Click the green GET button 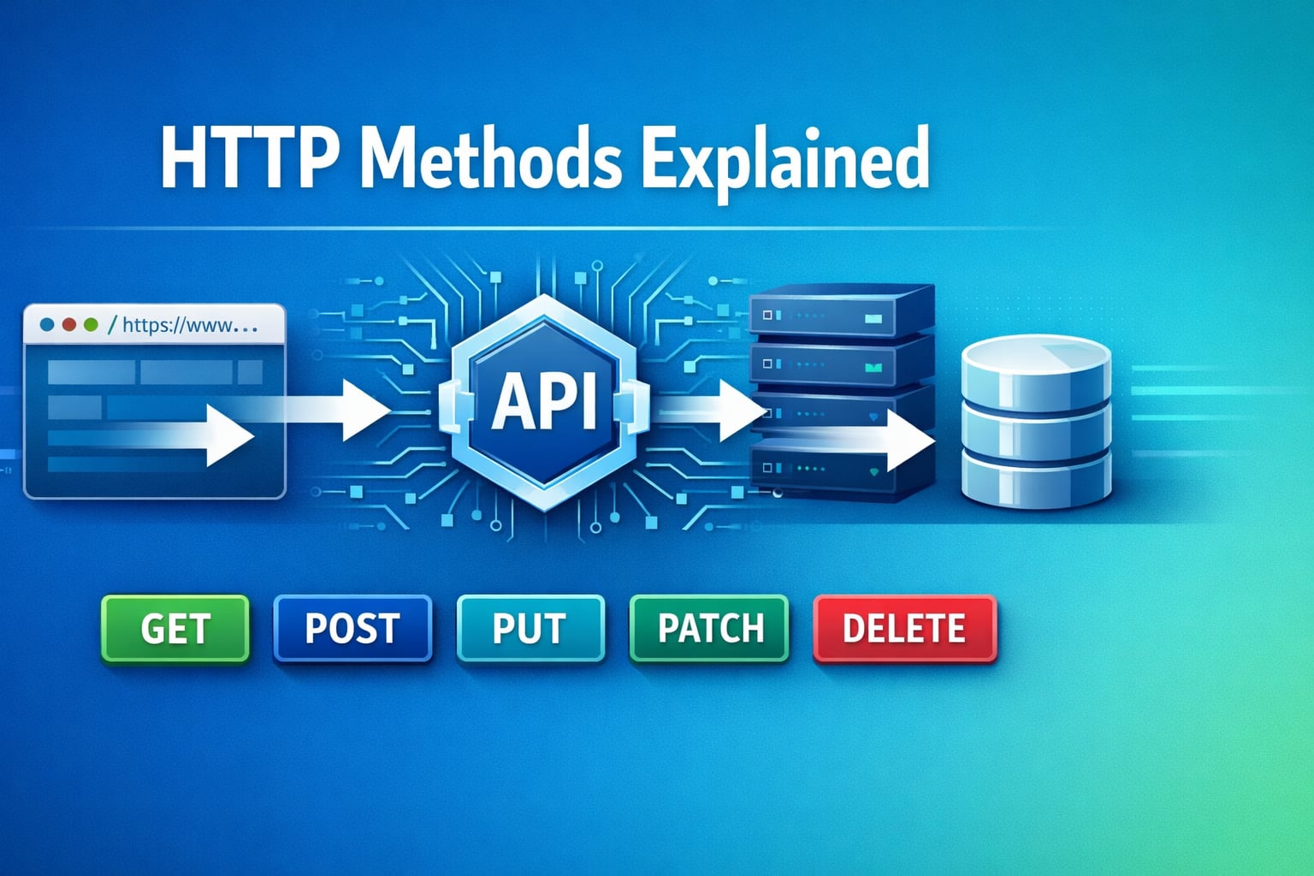coord(175,629)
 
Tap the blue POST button coord(352,629)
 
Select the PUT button coord(530,629)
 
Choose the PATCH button coord(709,629)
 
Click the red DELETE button coord(904,629)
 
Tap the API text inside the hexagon coord(544,402)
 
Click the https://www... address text coord(189,325)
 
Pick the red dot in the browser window coord(69,325)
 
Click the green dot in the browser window coord(91,325)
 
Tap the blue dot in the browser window coord(48,325)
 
